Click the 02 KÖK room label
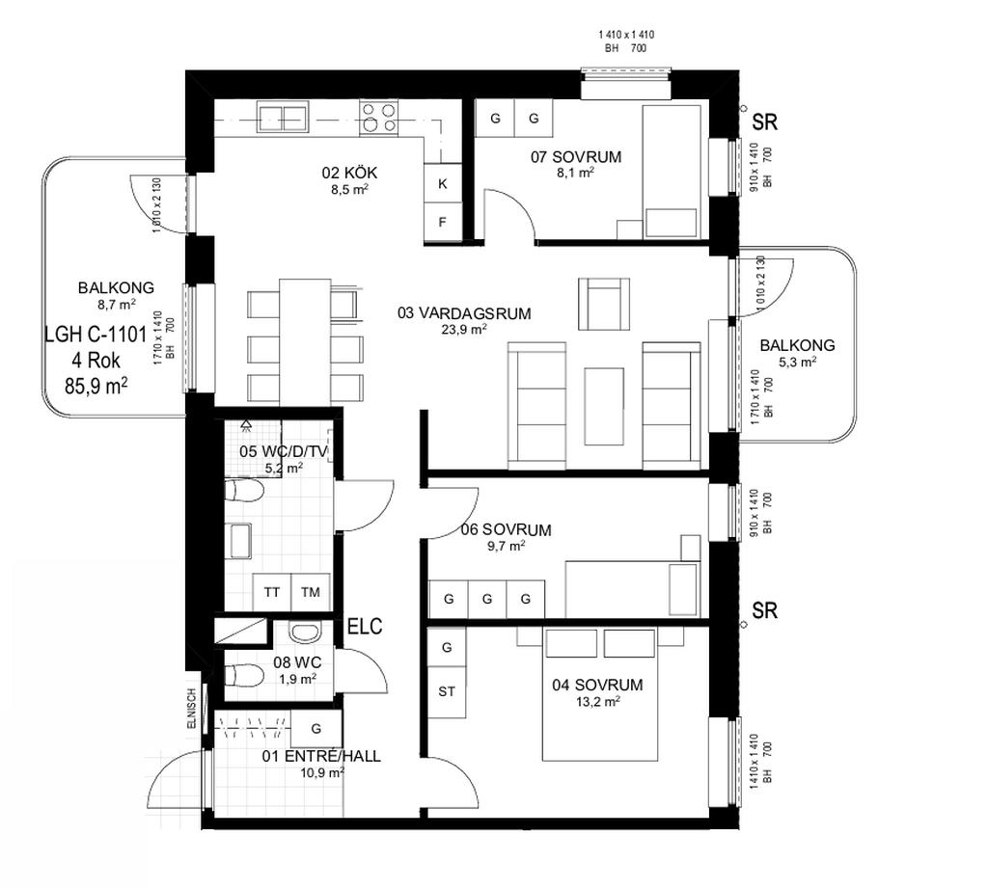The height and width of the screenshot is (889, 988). pyautogui.click(x=349, y=173)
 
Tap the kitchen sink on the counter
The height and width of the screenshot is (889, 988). pyautogui.click(x=283, y=119)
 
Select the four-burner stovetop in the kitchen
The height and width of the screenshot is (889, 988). pyautogui.click(x=378, y=119)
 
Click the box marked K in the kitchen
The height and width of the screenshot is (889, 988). pyautogui.click(x=442, y=183)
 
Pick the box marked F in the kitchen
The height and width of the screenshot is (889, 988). pyautogui.click(x=442, y=222)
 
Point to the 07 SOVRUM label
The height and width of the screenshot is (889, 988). pyautogui.click(x=576, y=157)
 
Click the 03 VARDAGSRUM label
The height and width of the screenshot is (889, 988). pyautogui.click(x=464, y=313)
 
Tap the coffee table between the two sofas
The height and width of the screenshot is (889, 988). pyautogui.click(x=604, y=406)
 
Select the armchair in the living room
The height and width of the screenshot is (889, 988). pyautogui.click(x=604, y=304)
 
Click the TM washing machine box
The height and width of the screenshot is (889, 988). pyautogui.click(x=311, y=592)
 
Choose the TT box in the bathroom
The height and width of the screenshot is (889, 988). pyautogui.click(x=271, y=592)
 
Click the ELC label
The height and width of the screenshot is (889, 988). pyautogui.click(x=365, y=627)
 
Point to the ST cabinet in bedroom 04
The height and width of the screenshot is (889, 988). pyautogui.click(x=447, y=691)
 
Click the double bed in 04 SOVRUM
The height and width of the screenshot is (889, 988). pyautogui.click(x=600, y=694)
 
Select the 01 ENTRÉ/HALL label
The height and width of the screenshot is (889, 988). pyautogui.click(x=321, y=756)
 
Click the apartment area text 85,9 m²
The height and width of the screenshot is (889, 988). pyautogui.click(x=96, y=385)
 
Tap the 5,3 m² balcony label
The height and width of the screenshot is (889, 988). pyautogui.click(x=797, y=362)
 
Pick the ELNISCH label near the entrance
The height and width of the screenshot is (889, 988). pyautogui.click(x=192, y=709)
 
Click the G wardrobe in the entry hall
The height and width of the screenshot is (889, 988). pyautogui.click(x=316, y=728)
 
